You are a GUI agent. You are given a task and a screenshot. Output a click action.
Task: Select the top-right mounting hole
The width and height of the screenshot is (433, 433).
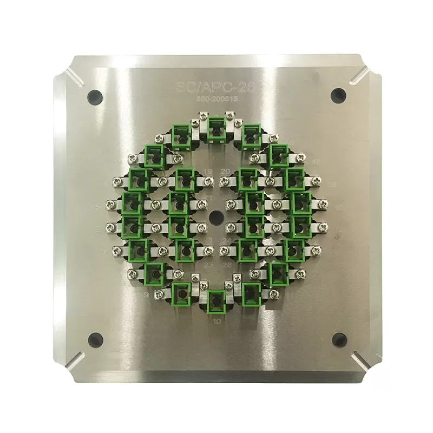coord(338,94)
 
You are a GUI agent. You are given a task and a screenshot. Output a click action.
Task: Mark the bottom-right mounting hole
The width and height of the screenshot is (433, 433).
coord(338,339)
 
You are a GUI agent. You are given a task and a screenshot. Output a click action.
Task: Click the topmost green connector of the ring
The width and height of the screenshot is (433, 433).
coord(216,128)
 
